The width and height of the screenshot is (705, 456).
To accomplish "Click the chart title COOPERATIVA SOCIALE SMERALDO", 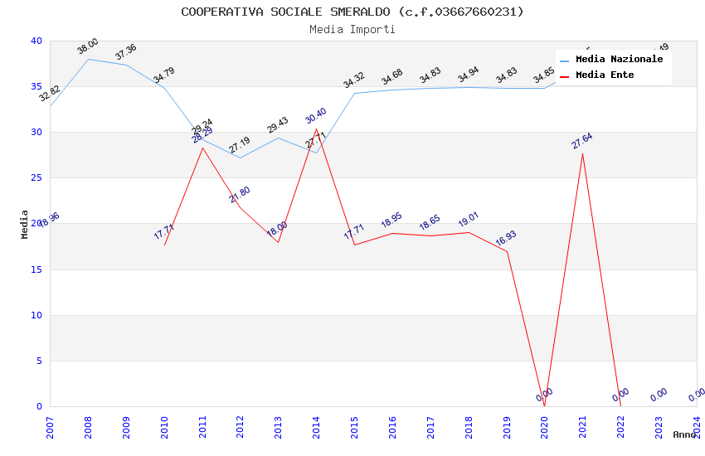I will [x=352, y=12].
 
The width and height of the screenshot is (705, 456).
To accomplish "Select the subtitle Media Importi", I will [x=352, y=30].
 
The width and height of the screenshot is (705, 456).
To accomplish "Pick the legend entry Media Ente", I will [x=605, y=75].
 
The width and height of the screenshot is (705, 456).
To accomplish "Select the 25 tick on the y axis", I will [x=36, y=178].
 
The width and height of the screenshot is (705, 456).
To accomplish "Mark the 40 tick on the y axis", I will [x=36, y=41].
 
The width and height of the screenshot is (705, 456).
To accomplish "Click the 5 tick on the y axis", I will [x=39, y=361].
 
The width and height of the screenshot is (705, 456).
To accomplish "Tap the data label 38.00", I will [x=88, y=46].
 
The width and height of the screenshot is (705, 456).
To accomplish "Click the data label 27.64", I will [x=582, y=141].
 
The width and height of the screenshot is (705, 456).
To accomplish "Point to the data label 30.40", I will [x=316, y=116].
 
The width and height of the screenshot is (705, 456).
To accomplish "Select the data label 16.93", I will [x=506, y=238].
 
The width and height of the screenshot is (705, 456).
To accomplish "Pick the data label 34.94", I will [x=469, y=76].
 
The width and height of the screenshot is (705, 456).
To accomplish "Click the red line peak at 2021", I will [x=582, y=153].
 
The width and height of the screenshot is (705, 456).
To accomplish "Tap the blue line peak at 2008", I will [x=88, y=59].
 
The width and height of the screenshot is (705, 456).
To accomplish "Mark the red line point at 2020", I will [x=544, y=405].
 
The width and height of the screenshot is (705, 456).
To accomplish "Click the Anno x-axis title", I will [x=684, y=434].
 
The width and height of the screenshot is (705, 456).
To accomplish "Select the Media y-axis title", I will [x=25, y=224].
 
